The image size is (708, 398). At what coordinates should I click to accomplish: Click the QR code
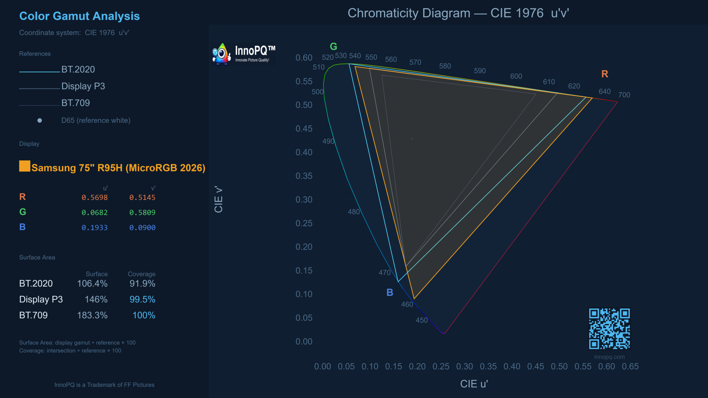tap(609, 329)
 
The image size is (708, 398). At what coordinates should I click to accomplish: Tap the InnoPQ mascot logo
tap(221, 54)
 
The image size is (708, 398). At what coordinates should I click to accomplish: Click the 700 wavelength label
tap(624, 95)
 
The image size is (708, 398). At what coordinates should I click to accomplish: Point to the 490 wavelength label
tap(328, 141)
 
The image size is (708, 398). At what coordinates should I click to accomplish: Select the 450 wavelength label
tap(421, 320)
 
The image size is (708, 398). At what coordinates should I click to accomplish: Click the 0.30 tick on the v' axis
tap(304, 200)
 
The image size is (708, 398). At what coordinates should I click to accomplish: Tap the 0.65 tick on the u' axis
tap(630, 366)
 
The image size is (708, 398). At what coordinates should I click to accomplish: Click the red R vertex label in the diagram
tap(605, 74)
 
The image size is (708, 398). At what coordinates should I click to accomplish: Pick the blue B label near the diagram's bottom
tap(390, 292)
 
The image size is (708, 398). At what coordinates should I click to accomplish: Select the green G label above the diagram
tap(333, 46)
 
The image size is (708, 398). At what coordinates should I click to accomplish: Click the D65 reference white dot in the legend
tap(40, 121)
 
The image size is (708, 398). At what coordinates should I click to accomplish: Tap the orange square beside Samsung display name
tap(25, 166)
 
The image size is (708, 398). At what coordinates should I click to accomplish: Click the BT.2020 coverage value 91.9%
tap(142, 284)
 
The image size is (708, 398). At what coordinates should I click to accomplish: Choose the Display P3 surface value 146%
tap(96, 299)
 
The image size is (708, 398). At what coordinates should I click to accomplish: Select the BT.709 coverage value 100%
tap(144, 315)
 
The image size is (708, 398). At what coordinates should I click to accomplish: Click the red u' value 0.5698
tap(95, 198)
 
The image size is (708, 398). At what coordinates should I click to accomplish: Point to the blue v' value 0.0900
tap(142, 228)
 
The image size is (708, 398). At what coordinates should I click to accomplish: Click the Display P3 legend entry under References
tap(83, 86)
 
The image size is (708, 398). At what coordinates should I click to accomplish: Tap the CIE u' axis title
tap(474, 384)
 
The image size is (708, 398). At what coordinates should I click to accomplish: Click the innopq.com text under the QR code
tap(609, 357)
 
